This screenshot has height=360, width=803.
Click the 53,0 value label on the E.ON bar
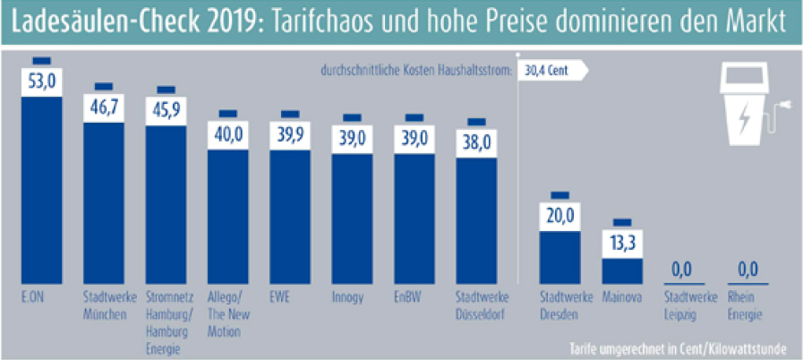[x=42, y=81]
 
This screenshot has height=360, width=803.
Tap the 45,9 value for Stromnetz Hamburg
[x=166, y=110]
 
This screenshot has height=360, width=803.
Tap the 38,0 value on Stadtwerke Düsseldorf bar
[x=475, y=141]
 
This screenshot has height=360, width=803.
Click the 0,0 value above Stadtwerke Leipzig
[x=683, y=268]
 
